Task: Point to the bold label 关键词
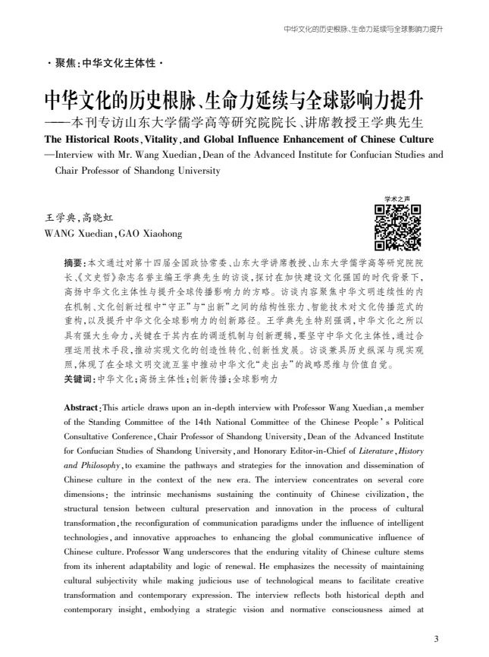click(80, 378)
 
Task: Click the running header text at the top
click(362, 30)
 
